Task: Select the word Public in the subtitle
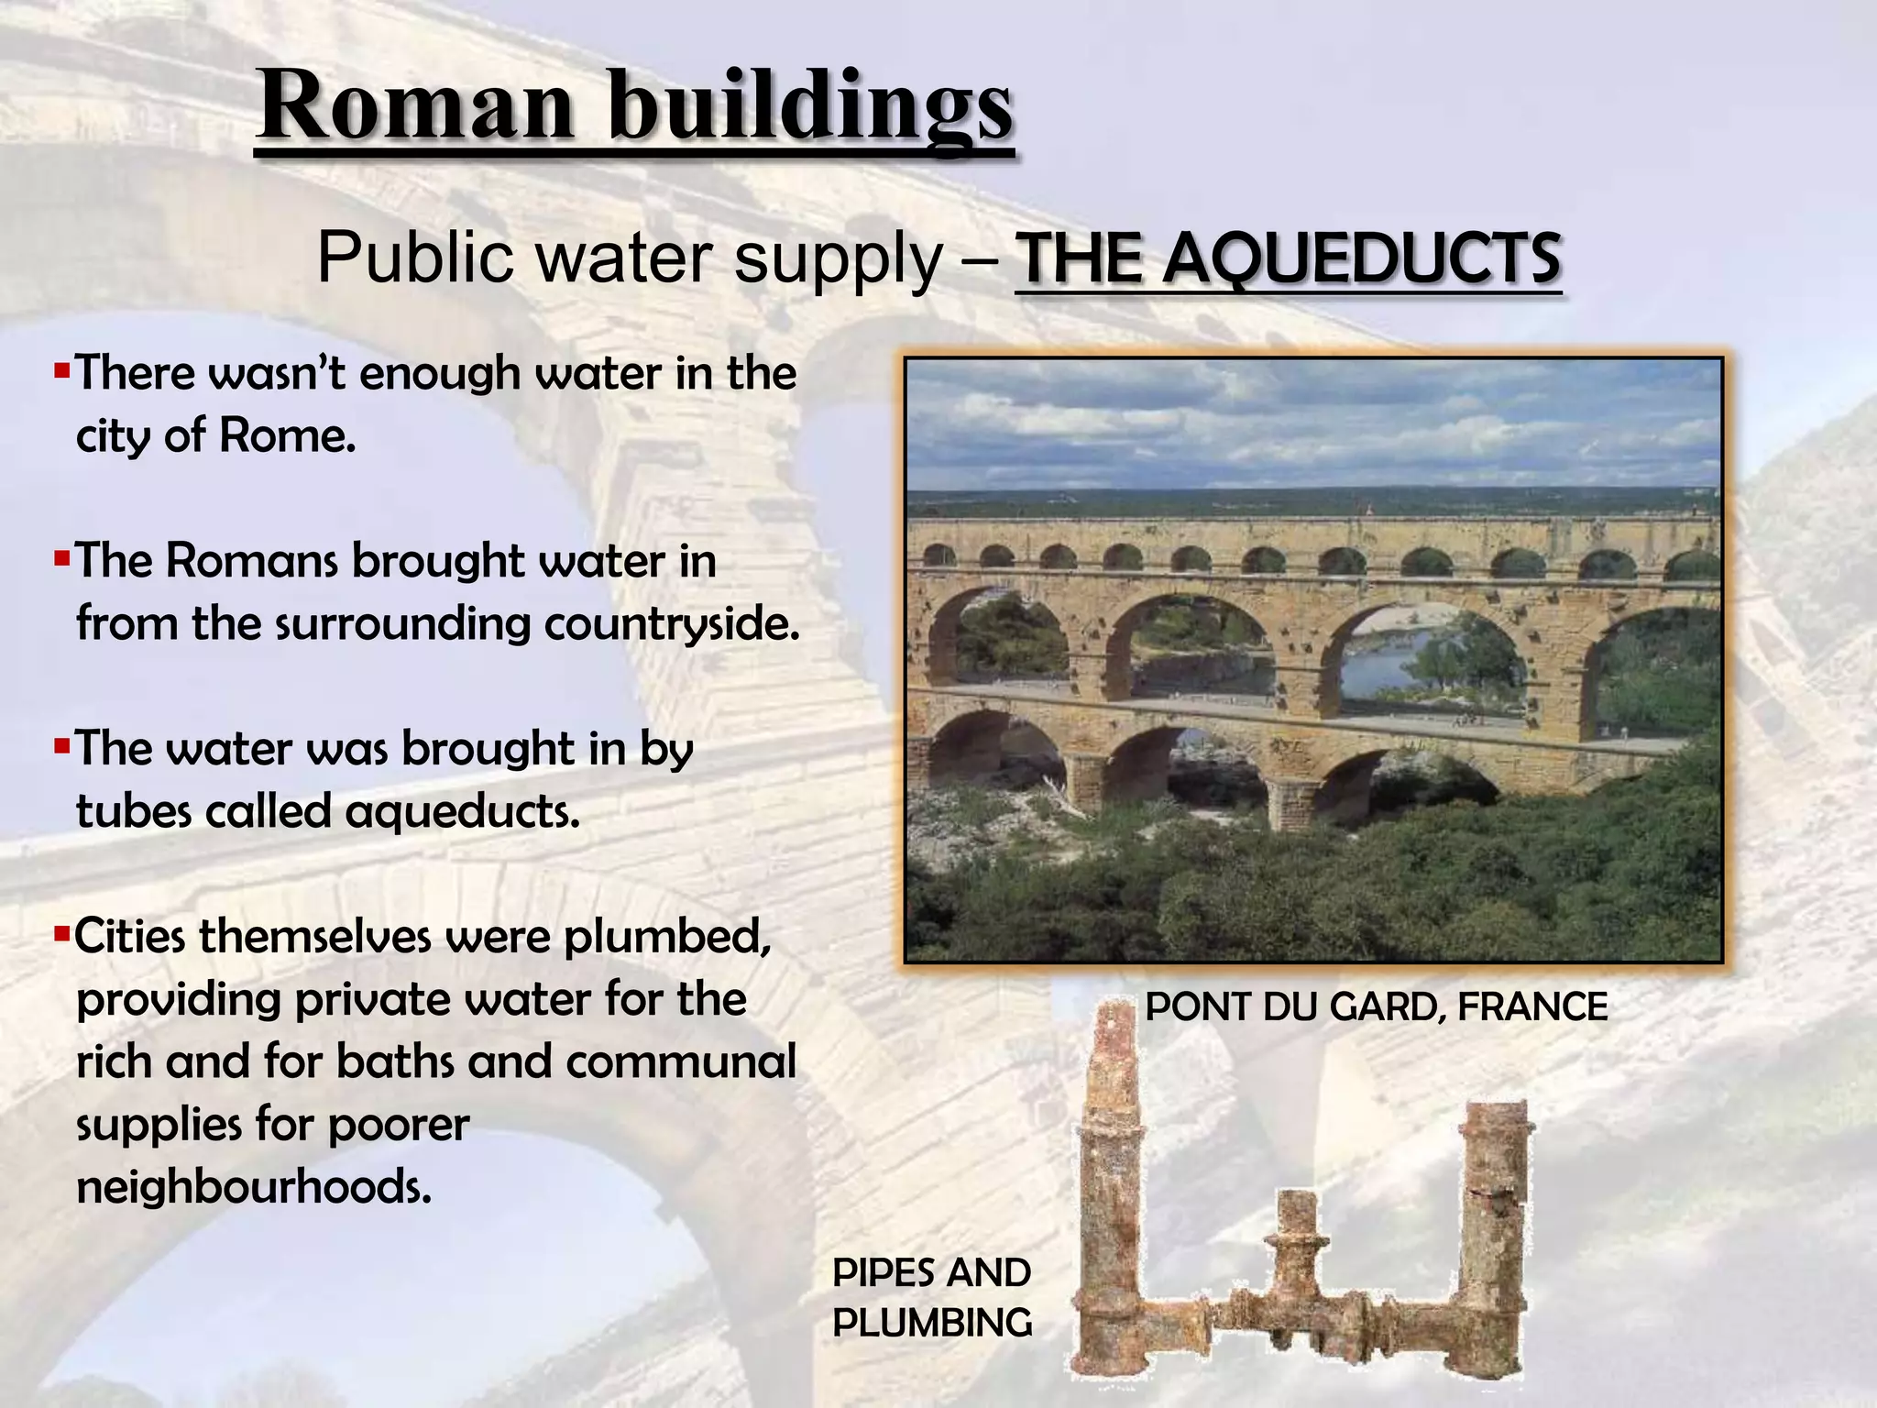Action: coord(416,259)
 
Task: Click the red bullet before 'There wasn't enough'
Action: coord(62,371)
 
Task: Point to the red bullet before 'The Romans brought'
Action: coord(62,558)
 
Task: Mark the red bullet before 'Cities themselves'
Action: coord(62,935)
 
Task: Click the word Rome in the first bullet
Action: coord(286,434)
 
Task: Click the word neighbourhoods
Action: coord(253,1188)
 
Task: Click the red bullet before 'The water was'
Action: coord(62,746)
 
